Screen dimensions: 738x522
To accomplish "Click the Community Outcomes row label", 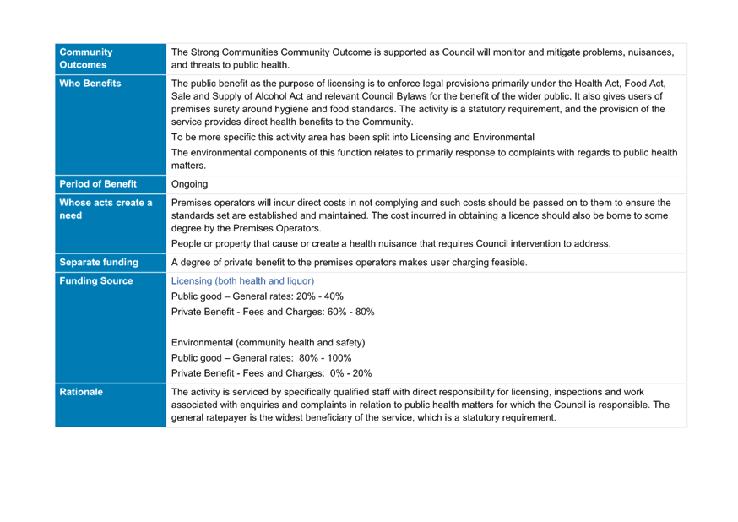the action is [86, 58].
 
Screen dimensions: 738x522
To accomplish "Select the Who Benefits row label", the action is [90, 84].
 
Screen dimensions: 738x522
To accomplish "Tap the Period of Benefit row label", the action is [98, 184].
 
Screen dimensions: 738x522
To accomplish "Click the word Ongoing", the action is [189, 184].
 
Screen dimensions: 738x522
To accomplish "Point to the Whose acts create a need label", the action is [106, 209].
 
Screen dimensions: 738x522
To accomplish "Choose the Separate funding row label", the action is [99, 262].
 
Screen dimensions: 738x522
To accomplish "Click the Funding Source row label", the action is [96, 281].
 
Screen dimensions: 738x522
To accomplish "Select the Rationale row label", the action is [81, 392].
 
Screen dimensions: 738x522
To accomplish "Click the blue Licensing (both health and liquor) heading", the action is [242, 281].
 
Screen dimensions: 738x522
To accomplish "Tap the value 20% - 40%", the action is [320, 296].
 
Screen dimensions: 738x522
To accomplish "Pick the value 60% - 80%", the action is [351, 312].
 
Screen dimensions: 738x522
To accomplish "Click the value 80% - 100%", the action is [325, 358].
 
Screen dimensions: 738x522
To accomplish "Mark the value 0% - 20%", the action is [350, 373].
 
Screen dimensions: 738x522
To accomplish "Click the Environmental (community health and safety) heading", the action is [269, 343].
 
